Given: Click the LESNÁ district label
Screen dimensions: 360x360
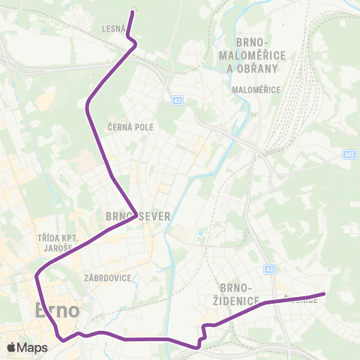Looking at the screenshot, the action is (113, 29).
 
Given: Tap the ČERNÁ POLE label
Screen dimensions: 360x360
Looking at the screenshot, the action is (130, 127).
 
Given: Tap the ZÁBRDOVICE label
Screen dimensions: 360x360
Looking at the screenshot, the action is (109, 277).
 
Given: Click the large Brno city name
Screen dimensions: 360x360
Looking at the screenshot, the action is (57, 310).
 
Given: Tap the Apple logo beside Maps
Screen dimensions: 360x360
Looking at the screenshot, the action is (11, 347).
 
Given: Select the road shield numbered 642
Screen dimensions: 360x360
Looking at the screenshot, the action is (350, 154).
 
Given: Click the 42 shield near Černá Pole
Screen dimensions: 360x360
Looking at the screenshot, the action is (177, 100).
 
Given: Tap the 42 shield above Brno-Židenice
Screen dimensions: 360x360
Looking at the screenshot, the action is (271, 268).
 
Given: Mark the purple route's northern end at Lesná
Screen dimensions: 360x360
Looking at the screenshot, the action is (133, 12).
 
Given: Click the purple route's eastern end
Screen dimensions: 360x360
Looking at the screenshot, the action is (324, 294).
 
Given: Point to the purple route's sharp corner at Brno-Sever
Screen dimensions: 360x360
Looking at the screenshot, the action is (136, 212).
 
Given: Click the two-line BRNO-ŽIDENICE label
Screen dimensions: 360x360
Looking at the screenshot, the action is (240, 294).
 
